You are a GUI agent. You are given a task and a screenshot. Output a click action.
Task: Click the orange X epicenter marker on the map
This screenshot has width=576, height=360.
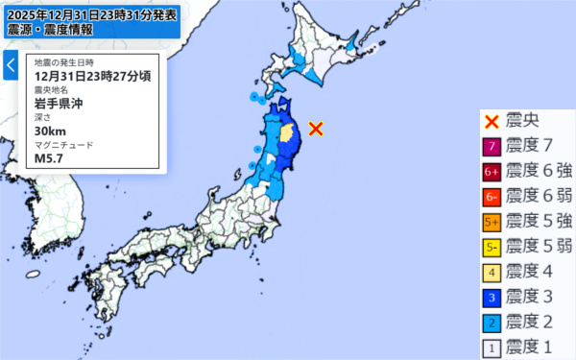tap(316, 129)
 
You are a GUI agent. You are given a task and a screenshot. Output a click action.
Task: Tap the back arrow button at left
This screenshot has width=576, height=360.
tap(11, 66)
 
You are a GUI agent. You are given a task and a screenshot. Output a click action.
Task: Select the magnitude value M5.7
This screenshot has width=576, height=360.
tap(48, 158)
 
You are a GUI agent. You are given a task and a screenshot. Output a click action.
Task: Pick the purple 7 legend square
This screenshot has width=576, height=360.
tap(491, 147)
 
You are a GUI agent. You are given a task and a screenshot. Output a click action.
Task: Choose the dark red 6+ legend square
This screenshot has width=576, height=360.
tap(491, 172)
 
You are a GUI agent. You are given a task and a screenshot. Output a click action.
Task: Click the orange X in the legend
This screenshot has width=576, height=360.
tap(491, 121)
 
